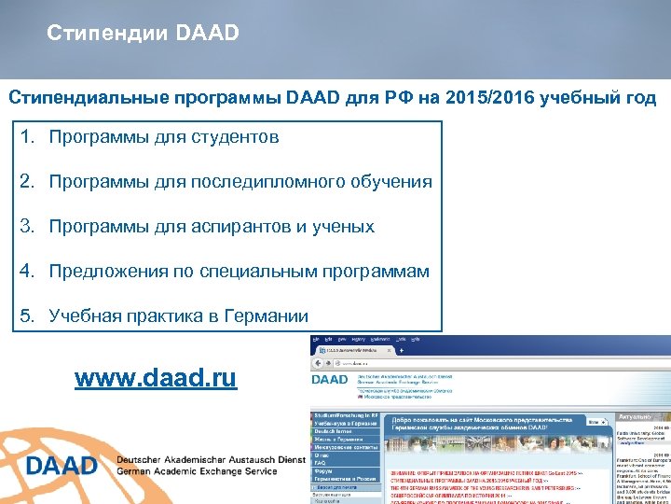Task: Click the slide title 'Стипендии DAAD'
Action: [x=144, y=34]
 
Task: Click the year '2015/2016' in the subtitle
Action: [x=485, y=98]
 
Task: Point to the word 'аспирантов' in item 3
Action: [x=243, y=227]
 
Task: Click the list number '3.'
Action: [x=28, y=227]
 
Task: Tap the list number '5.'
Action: [x=28, y=316]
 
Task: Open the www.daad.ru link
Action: [x=156, y=377]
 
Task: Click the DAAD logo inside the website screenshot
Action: [x=329, y=381]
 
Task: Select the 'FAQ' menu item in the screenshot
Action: [x=321, y=463]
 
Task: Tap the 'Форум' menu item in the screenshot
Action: [x=322, y=471]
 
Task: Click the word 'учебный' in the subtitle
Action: [x=568, y=98]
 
